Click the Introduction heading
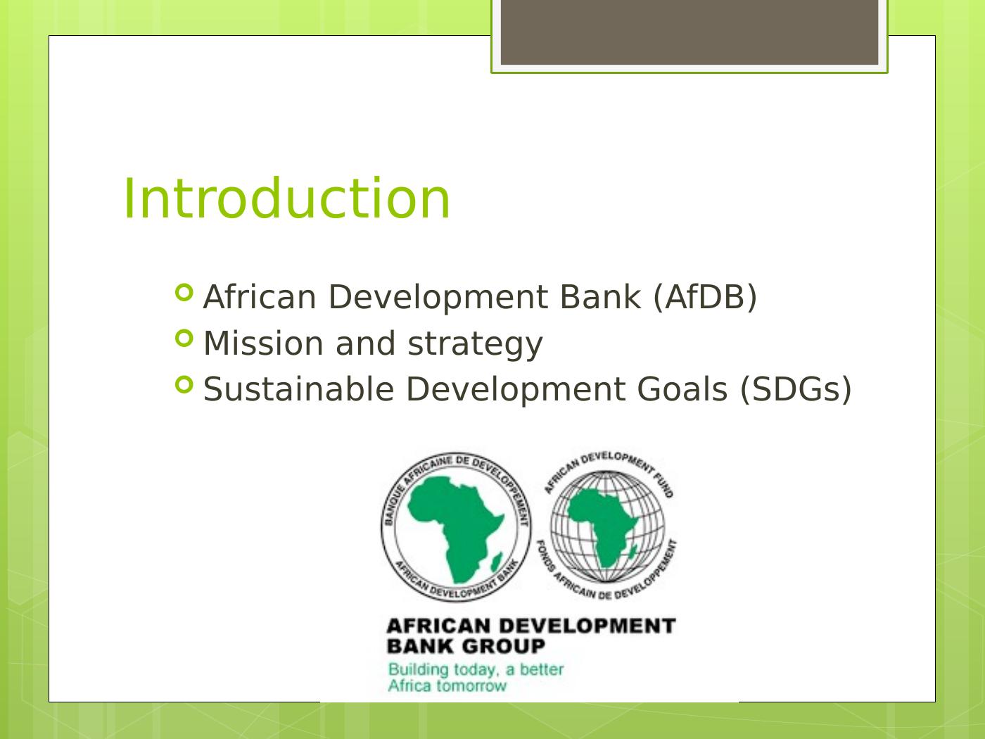pyautogui.click(x=287, y=198)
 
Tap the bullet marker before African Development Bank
pyautogui.click(x=184, y=293)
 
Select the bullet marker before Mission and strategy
pyautogui.click(x=184, y=339)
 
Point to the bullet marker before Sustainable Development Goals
pyautogui.click(x=184, y=384)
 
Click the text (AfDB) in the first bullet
pyautogui.click(x=705, y=298)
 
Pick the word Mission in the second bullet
pyautogui.click(x=263, y=343)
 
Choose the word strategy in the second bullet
pyautogui.click(x=475, y=346)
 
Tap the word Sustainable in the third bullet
pyautogui.click(x=298, y=389)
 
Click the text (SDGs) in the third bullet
pyautogui.click(x=796, y=389)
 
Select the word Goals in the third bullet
pyautogui.click(x=682, y=389)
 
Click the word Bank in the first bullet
pyautogui.click(x=600, y=297)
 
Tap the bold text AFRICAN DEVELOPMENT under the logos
pyautogui.click(x=531, y=626)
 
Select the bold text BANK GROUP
pyautogui.click(x=466, y=646)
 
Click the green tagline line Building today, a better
pyautogui.click(x=476, y=669)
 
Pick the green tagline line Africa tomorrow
pyautogui.click(x=447, y=686)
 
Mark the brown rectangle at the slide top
pyautogui.click(x=689, y=32)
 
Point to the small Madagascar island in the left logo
pyautogui.click(x=496, y=562)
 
